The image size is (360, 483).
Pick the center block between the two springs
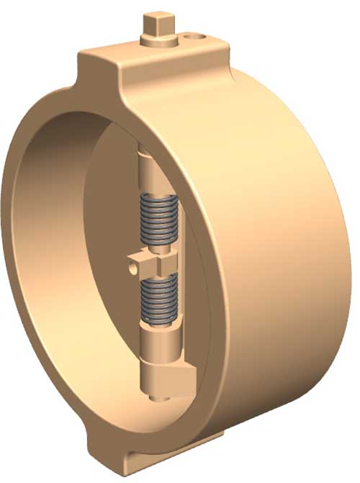[x=153, y=264]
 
